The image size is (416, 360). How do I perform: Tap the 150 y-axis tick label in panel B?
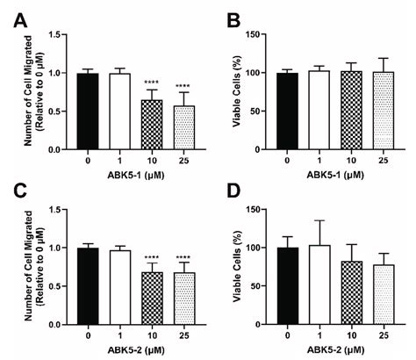click(265, 34)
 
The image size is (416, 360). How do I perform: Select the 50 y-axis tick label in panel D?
click(269, 285)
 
